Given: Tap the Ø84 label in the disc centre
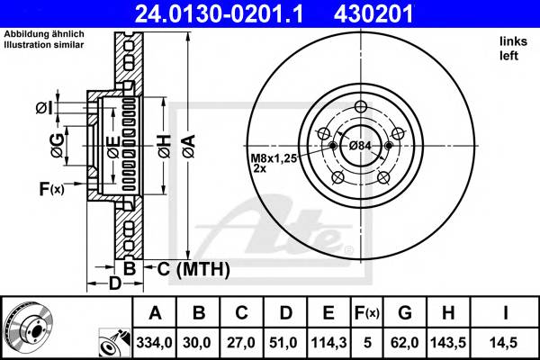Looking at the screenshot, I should (x=360, y=146).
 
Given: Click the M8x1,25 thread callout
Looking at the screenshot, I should (x=271, y=157).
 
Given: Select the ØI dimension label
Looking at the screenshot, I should (x=44, y=109).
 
